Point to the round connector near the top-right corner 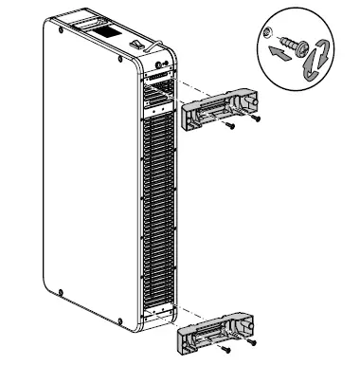pos(159,68)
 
